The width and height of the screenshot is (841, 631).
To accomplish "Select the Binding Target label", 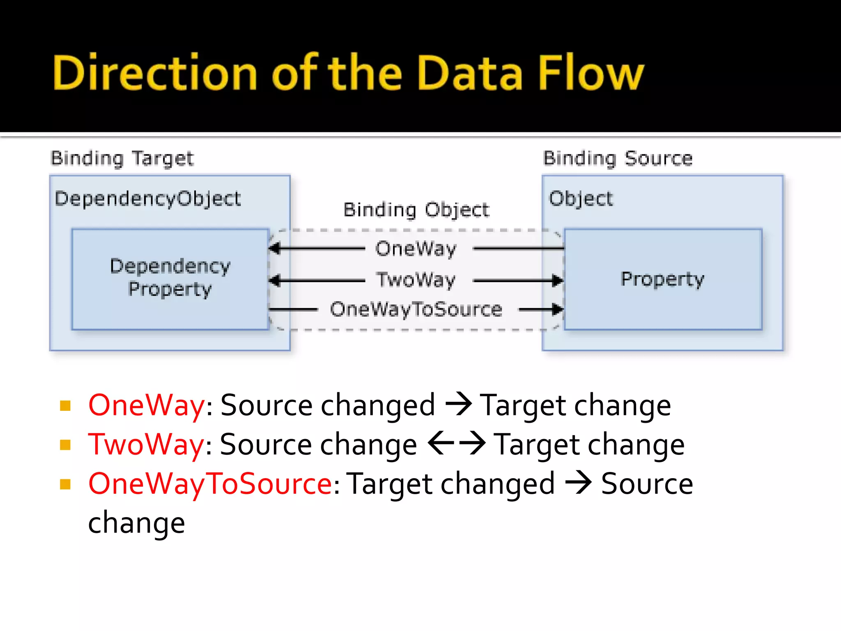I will pos(122,159).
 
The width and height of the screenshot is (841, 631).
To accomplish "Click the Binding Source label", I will pos(618,159).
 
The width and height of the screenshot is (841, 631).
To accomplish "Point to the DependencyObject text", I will pos(147,199).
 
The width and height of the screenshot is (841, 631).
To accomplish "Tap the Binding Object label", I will pos(416,210).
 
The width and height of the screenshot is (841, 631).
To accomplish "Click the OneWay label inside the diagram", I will pos(416,249).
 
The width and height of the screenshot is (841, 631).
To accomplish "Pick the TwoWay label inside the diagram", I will pos(416,280).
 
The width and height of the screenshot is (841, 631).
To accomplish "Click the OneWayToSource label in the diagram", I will pos(416,309).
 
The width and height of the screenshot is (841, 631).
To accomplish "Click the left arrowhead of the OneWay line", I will pos(274,249).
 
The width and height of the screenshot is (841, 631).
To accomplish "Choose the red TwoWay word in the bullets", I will pos(146,445).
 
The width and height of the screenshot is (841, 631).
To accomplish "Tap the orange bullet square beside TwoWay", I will pos(65,445).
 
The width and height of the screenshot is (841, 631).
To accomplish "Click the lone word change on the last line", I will pos(136,523).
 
